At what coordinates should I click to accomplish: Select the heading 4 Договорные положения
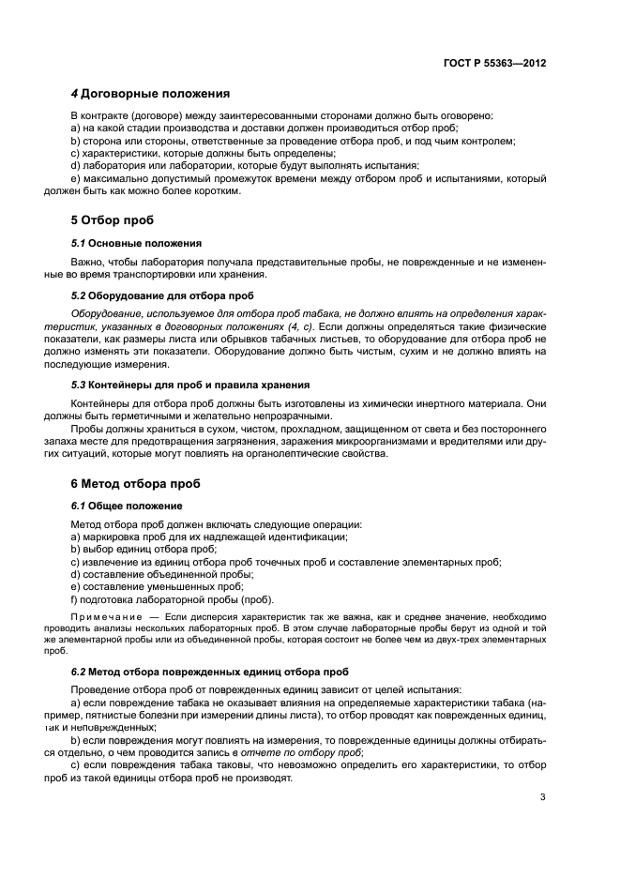(151, 94)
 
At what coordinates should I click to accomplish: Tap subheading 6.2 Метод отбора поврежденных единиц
(210, 672)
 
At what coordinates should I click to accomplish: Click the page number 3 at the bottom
(543, 798)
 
